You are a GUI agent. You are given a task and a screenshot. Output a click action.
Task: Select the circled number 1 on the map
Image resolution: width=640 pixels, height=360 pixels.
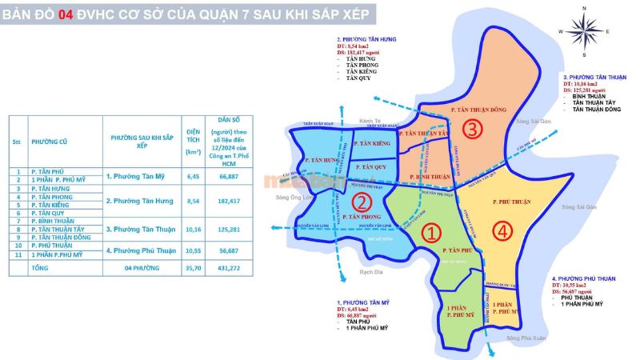430,233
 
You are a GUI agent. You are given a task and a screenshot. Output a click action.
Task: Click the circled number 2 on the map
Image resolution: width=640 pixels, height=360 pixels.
362,202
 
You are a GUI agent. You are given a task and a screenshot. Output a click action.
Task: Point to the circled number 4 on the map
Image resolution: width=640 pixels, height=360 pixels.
502,232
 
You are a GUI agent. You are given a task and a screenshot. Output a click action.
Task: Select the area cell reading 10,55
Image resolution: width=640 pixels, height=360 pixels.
193,249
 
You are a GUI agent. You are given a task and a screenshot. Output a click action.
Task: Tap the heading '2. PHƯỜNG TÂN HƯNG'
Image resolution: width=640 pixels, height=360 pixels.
366,39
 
